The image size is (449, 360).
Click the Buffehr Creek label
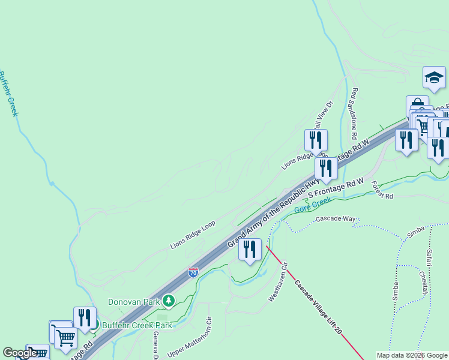click(8, 94)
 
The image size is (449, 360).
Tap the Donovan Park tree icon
click(169, 301)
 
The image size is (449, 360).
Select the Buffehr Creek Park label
click(137, 325)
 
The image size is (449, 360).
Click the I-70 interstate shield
click(193, 272)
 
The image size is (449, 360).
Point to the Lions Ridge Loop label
click(192, 235)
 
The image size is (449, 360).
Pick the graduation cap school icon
click(434, 77)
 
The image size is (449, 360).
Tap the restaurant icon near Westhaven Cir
click(250, 248)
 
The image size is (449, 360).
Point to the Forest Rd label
click(381, 190)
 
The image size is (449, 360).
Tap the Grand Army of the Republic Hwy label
click(273, 212)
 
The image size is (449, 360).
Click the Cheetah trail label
click(424, 281)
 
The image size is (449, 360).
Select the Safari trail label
click(429, 258)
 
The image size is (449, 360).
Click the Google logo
click(20, 353)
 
